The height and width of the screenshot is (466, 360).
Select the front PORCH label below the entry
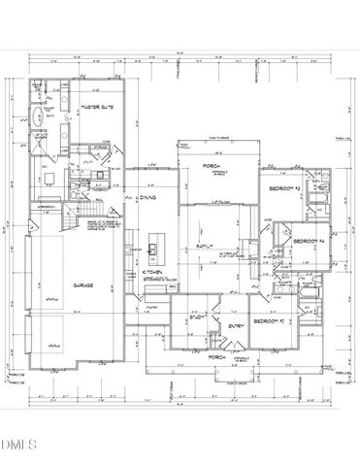tap(219, 357)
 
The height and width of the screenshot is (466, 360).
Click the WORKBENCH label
tap(46, 208)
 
